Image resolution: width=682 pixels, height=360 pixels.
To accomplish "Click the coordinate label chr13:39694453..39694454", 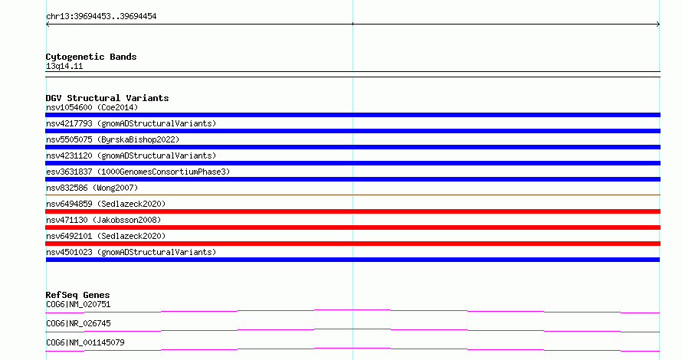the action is pos(101,17).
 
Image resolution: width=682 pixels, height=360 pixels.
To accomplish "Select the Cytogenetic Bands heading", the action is pos(91,57).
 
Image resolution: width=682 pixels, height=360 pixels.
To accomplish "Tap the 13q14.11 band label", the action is pos(64,66).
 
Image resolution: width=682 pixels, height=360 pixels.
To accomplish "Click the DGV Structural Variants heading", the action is pos(107,98).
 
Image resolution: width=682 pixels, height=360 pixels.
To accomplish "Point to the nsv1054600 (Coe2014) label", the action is pos(92,107).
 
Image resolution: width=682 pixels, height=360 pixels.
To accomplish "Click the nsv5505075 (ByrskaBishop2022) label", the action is pos(113,139).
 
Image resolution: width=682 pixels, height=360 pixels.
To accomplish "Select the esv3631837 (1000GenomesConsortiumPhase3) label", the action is pos(138,172).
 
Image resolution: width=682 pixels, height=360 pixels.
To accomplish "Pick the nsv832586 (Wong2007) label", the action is pos(92,188).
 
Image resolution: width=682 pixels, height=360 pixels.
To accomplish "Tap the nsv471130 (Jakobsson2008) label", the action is pos(103,220).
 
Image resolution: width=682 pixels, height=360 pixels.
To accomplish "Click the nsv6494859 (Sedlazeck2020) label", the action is pos(106,204).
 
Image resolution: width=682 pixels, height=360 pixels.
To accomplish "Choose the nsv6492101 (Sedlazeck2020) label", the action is pos(106,236).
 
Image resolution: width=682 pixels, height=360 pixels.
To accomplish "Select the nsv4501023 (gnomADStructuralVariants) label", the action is pos(131,252).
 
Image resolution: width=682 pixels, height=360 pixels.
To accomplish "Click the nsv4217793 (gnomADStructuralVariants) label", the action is pos(131,123).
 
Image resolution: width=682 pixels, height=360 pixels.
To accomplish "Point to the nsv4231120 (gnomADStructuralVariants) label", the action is pos(131,155).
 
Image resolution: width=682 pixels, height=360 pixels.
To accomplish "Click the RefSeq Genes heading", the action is pos(77,295).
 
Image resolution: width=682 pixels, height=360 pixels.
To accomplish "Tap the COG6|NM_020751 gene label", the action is pos(78,304).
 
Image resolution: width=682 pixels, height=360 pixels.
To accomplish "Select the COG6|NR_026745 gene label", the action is pos(78,323).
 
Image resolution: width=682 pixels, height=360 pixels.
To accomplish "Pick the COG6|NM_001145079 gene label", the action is pos(85,342).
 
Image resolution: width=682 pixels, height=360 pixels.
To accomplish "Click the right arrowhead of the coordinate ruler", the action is pos(658,25).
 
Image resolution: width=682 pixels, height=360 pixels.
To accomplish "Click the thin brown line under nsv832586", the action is pos(352,195).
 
